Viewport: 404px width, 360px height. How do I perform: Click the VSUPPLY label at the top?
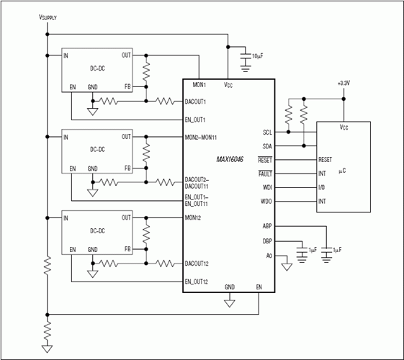(x=48, y=17)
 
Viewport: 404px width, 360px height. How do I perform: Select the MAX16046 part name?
(x=230, y=159)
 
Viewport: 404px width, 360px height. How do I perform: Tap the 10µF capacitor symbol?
(x=246, y=57)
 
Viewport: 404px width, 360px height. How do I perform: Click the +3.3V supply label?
(x=344, y=84)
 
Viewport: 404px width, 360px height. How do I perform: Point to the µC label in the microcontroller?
(x=342, y=171)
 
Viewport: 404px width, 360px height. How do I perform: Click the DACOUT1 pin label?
(x=195, y=102)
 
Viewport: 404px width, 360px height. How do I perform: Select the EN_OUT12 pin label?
(x=197, y=282)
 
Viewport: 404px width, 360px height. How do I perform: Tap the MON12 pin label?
(x=193, y=218)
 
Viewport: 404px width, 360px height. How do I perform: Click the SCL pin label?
(x=267, y=132)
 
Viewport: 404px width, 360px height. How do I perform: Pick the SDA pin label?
(x=267, y=146)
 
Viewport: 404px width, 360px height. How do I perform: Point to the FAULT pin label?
(x=265, y=174)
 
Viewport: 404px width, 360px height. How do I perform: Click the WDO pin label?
(x=266, y=202)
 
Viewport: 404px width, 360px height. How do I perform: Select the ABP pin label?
(x=267, y=226)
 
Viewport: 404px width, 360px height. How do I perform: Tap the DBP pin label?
(x=267, y=241)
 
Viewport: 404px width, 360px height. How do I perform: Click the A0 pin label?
(x=269, y=256)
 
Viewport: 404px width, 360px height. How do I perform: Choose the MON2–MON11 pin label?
(x=201, y=138)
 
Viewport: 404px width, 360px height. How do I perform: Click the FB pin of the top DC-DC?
(x=127, y=87)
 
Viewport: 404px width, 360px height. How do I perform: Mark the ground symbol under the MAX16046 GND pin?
(x=229, y=303)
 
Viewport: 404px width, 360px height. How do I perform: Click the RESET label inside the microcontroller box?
(x=326, y=160)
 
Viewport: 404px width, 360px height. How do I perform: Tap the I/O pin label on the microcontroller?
(x=322, y=187)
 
